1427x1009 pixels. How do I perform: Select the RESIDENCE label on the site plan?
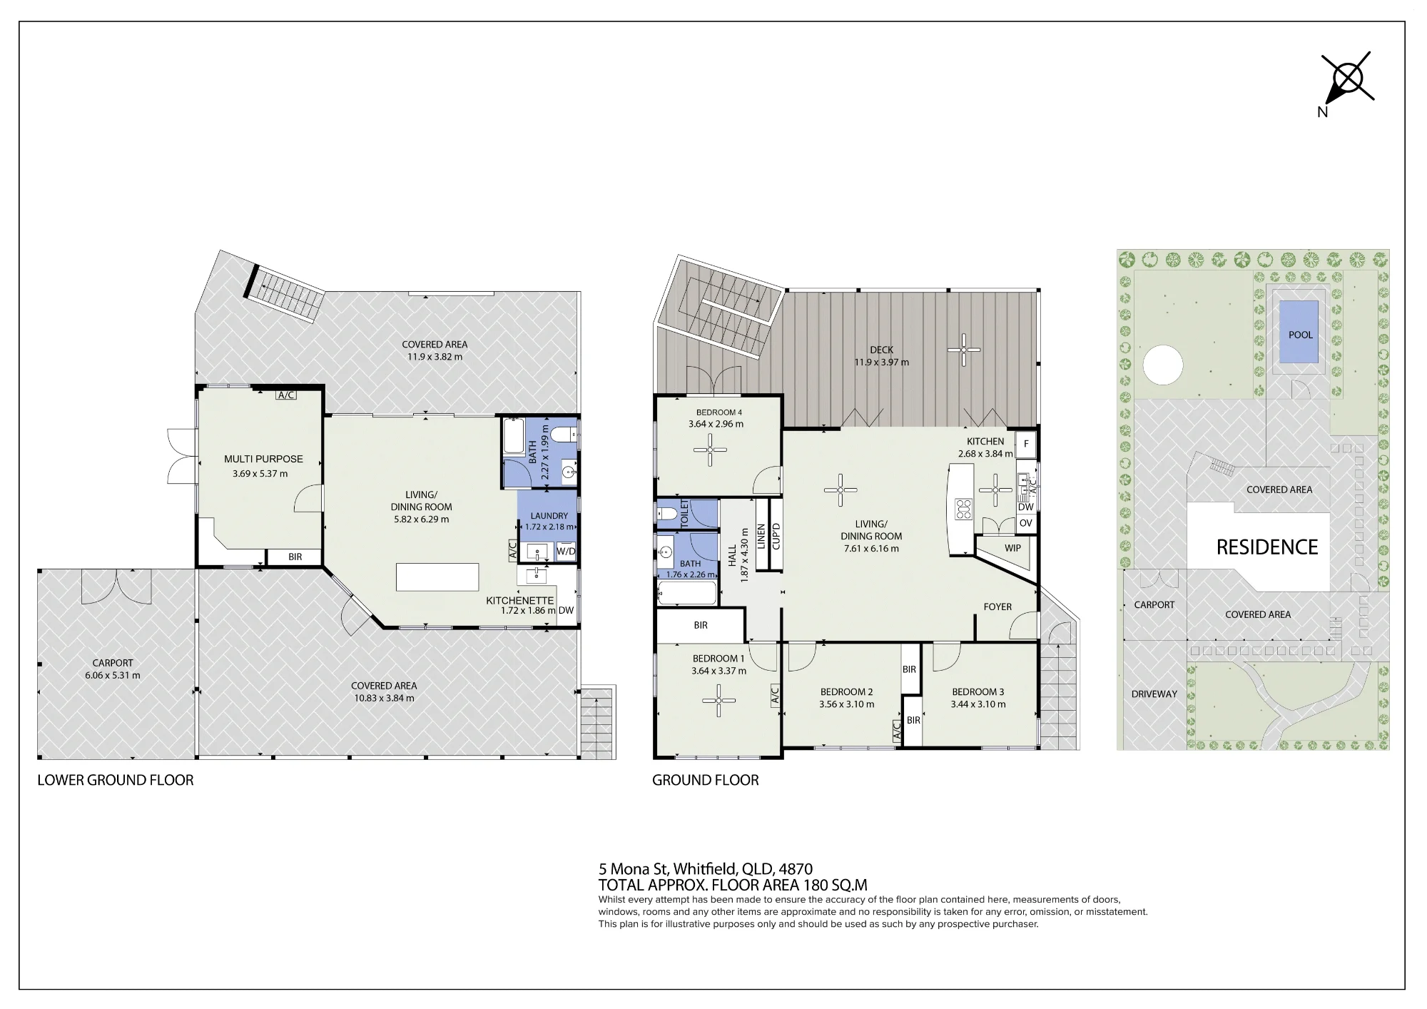pyautogui.click(x=1267, y=547)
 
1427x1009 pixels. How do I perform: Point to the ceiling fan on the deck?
pyautogui.click(x=963, y=350)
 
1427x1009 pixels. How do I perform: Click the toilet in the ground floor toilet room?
pyautogui.click(x=667, y=513)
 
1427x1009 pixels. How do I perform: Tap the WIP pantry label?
pyautogui.click(x=1012, y=548)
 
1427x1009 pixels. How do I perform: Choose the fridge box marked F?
pyautogui.click(x=1026, y=444)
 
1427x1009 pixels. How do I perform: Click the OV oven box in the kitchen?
pyautogui.click(x=1026, y=523)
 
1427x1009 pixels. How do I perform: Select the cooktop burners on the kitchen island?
pyautogui.click(x=964, y=509)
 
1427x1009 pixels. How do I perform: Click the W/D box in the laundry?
pyautogui.click(x=566, y=551)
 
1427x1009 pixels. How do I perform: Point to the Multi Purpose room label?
pyautogui.click(x=263, y=459)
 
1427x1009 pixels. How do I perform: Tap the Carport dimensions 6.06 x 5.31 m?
pyautogui.click(x=113, y=675)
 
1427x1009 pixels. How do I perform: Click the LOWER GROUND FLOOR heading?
pyautogui.click(x=116, y=780)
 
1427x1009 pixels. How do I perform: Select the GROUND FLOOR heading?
pyautogui.click(x=706, y=780)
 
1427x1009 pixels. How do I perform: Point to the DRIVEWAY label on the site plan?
pyautogui.click(x=1154, y=694)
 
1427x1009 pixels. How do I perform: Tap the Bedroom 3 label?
pyautogui.click(x=977, y=691)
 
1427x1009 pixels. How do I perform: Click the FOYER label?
pyautogui.click(x=997, y=607)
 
